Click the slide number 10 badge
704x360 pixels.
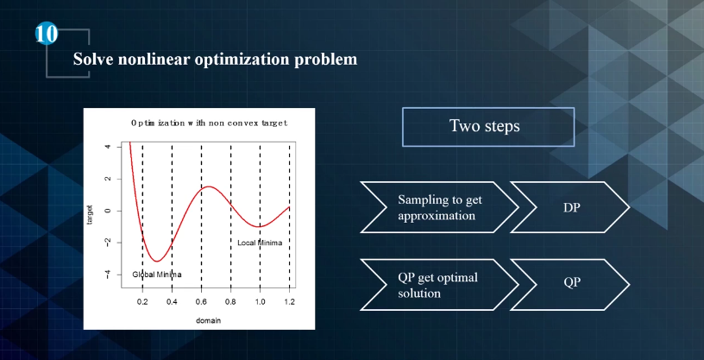(47, 35)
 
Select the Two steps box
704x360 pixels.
(488, 127)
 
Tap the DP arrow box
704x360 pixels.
(570, 207)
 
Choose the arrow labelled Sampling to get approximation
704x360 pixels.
(439, 207)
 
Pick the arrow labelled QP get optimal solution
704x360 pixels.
(439, 285)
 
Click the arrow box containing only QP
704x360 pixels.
(570, 285)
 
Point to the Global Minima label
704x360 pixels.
(157, 275)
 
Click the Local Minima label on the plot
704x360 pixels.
(260, 243)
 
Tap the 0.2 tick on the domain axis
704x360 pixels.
(142, 301)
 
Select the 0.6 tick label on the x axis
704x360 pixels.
(201, 301)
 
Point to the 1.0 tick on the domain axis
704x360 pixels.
(260, 301)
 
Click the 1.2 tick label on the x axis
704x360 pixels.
(290, 301)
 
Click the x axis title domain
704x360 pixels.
(208, 321)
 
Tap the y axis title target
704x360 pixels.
(90, 214)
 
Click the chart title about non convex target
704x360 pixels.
(210, 123)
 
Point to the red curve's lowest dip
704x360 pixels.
(157, 261)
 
